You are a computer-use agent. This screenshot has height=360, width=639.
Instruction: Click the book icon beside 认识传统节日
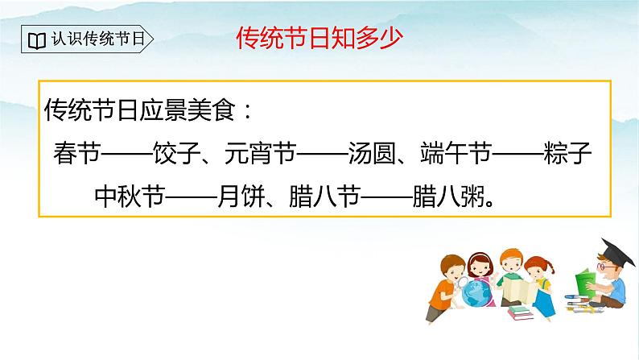tap(36, 39)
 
